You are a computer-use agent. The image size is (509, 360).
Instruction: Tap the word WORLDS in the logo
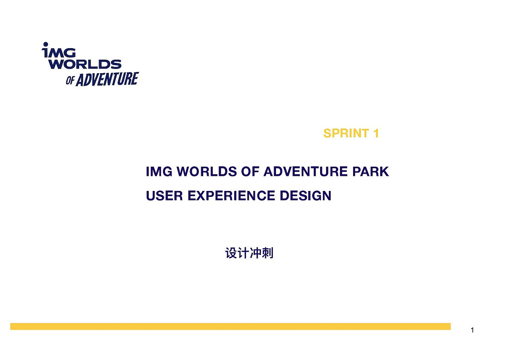point(85,64)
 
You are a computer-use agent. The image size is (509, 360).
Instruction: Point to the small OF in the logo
point(70,81)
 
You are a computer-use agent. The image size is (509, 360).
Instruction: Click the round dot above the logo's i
point(45,44)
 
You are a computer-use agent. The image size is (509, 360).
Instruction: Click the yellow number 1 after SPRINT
point(376,133)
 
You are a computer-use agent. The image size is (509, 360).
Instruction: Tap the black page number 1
point(472,330)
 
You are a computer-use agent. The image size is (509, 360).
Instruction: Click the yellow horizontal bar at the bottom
point(230,327)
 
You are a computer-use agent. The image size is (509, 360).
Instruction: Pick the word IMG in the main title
point(159,172)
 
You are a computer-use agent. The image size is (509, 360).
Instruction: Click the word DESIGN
point(305,196)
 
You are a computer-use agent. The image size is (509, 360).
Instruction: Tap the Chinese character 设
point(231,253)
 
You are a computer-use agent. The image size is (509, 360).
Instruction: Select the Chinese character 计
point(243,253)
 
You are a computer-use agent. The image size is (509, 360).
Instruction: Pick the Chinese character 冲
point(255,253)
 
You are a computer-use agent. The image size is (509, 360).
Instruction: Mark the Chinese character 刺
point(268,253)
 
